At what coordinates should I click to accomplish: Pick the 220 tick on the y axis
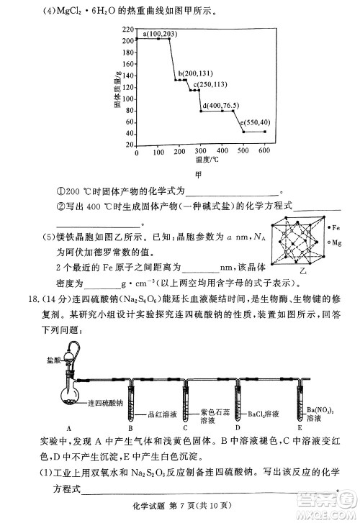(129, 29)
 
